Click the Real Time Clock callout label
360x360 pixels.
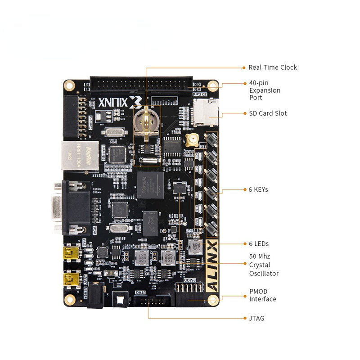pyautogui.click(x=273, y=67)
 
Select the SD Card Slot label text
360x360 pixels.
pyautogui.click(x=268, y=113)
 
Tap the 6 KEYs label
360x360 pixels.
pyautogui.click(x=258, y=189)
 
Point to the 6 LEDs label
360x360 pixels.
pyautogui.click(x=259, y=244)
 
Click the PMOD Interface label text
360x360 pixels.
pyautogui.click(x=263, y=295)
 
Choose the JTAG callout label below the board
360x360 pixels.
pyautogui.click(x=256, y=319)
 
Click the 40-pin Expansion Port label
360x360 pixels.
pyautogui.click(x=265, y=90)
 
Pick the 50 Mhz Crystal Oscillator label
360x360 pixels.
pyautogui.click(x=264, y=265)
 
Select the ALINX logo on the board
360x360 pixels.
pyautogui.click(x=212, y=266)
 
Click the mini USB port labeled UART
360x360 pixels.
pyautogui.click(x=71, y=279)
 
